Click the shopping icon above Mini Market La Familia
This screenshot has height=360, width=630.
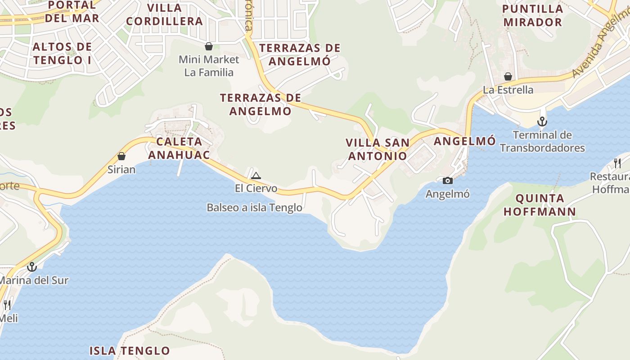tap(209, 46)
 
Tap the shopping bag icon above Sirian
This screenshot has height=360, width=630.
tap(121, 157)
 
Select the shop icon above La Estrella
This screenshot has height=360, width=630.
tap(508, 77)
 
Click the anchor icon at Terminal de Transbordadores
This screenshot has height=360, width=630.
tap(542, 121)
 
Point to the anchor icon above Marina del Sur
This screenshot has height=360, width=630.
tap(31, 267)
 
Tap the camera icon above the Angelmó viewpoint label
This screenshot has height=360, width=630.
tap(448, 181)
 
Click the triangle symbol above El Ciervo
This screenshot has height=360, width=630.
tap(256, 175)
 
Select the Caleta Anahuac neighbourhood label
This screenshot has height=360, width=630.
tap(179, 148)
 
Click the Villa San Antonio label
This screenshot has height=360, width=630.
tap(378, 149)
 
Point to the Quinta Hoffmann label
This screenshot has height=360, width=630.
tap(540, 205)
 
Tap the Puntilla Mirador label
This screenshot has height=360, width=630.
tap(533, 15)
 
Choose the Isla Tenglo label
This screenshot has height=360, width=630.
tap(130, 351)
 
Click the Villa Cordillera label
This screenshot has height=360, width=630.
tap(164, 14)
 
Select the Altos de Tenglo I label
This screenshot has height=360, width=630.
tap(62, 53)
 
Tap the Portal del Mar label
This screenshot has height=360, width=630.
tap(72, 12)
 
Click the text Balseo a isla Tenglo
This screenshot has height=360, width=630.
tap(254, 207)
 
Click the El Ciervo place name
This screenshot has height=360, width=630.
tap(256, 188)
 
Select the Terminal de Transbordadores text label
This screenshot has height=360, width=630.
tap(542, 141)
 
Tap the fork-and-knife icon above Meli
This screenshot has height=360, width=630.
tap(7, 305)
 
